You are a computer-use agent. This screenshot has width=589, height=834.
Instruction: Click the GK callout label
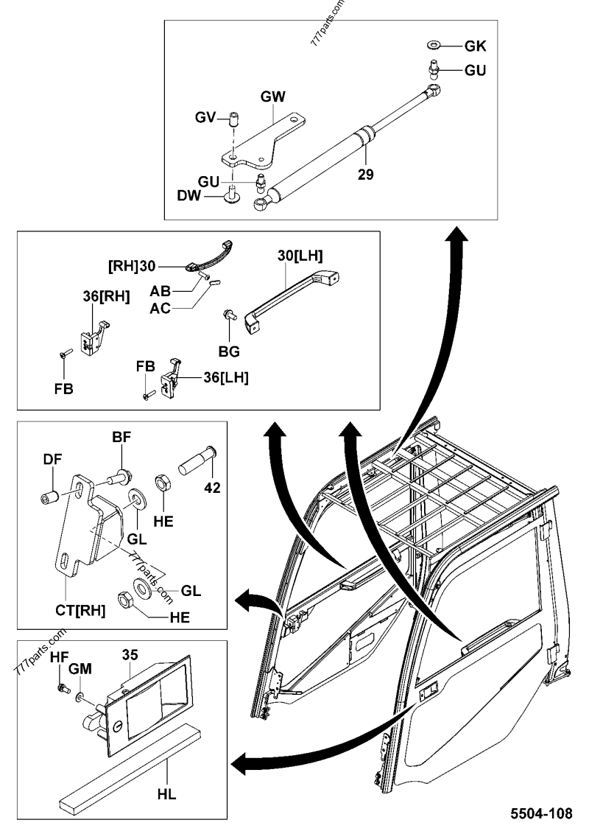click(x=475, y=46)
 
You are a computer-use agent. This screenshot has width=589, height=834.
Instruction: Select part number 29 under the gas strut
click(x=366, y=175)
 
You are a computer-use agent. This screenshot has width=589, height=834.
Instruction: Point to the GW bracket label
click(x=272, y=97)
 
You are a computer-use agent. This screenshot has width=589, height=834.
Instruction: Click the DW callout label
click(x=189, y=196)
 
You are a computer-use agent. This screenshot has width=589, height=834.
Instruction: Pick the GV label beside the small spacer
click(x=205, y=117)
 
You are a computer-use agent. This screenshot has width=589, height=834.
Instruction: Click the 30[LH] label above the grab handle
click(x=300, y=256)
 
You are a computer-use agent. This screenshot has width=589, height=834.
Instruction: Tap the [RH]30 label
click(x=132, y=266)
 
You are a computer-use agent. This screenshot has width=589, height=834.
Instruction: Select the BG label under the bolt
click(x=229, y=351)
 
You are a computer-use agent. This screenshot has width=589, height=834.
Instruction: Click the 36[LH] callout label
click(x=226, y=378)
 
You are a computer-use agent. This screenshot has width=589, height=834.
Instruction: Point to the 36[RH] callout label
click(x=106, y=297)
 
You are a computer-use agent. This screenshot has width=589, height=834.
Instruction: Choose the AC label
click(x=160, y=309)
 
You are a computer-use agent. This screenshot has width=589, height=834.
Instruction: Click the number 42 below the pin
click(x=212, y=487)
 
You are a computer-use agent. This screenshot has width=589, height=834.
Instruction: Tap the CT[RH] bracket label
click(x=80, y=610)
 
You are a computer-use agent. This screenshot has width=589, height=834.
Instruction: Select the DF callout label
click(x=52, y=458)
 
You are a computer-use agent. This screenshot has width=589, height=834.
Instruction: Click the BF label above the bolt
click(x=121, y=437)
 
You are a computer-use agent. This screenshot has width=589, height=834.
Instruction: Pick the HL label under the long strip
click(x=166, y=795)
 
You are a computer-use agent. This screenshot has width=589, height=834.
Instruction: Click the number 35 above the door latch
click(x=130, y=655)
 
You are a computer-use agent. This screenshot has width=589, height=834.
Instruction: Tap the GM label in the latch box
click(x=80, y=668)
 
